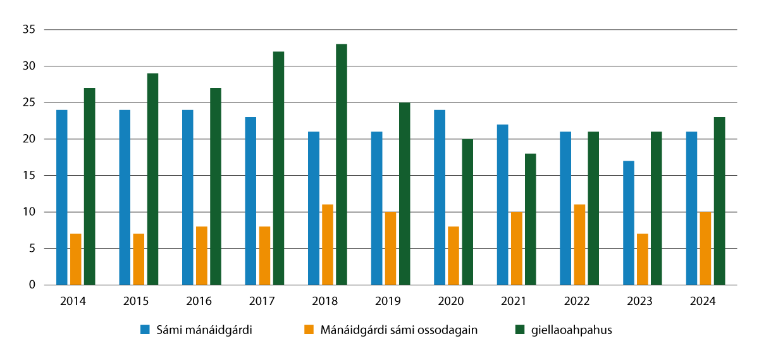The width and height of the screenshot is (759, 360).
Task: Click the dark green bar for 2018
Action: pos(342,164)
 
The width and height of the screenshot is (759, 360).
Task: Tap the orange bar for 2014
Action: pos(76,259)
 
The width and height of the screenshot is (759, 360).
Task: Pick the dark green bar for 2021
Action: pos(531,219)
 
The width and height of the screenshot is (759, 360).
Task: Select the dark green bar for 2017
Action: pos(278,168)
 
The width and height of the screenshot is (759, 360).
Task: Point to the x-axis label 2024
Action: pos(704,302)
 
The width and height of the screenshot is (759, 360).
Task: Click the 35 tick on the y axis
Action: pos(28,30)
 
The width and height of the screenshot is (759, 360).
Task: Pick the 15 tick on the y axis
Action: pos(28,176)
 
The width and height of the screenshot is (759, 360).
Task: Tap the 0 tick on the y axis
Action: pos(30,285)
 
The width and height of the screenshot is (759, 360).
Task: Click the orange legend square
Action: pos(309,330)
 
